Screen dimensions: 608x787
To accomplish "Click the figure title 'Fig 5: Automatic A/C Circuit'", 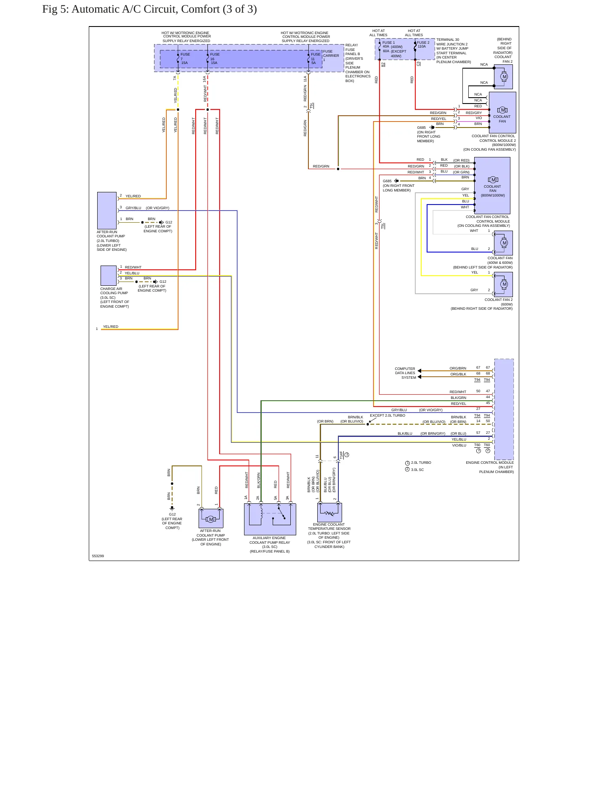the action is pyautogui.click(x=126, y=9).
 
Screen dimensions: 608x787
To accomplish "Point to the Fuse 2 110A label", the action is pyautogui.click(x=423, y=45).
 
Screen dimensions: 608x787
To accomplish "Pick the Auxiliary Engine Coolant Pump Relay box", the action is pyautogui.click(x=270, y=519).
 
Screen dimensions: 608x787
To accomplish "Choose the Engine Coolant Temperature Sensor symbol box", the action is pyautogui.click(x=329, y=512).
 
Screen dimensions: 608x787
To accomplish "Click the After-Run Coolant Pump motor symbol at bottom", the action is pyautogui.click(x=211, y=518).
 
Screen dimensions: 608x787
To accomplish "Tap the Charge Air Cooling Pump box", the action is pyautogui.click(x=109, y=276).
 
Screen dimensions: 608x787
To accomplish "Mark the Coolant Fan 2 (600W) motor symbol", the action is pyautogui.click(x=504, y=284).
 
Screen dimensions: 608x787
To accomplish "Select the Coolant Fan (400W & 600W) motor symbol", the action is pyautogui.click(x=504, y=243).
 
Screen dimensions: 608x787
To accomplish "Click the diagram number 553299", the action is pyautogui.click(x=98, y=556).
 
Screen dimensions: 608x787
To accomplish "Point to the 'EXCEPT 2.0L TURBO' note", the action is pyautogui.click(x=388, y=415).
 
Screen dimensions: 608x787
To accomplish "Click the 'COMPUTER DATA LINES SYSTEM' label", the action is pyautogui.click(x=405, y=373).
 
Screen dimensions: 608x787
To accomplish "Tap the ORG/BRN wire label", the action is pyautogui.click(x=458, y=368).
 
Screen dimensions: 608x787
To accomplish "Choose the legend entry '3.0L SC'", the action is pyautogui.click(x=414, y=470).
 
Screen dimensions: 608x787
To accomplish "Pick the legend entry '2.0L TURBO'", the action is pyautogui.click(x=418, y=463).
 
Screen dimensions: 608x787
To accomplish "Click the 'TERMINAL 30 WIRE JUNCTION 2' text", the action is pyautogui.click(x=452, y=42).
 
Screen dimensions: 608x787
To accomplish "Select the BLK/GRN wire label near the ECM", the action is pyautogui.click(x=458, y=398).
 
